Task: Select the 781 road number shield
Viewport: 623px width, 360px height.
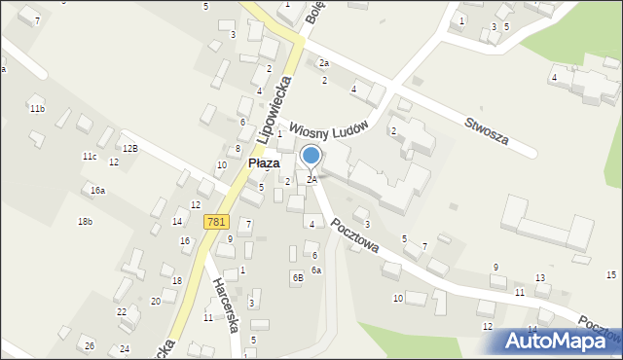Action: (216, 222)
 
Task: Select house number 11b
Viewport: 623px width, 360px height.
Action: (37, 108)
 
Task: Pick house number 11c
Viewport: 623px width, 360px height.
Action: (90, 156)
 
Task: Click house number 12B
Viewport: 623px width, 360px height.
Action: (129, 148)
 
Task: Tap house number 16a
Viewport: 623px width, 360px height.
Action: (97, 191)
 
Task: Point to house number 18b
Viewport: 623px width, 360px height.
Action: (86, 222)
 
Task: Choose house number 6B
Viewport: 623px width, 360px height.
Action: (298, 277)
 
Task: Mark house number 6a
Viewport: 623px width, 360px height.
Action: (316, 270)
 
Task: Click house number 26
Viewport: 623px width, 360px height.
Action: (90, 346)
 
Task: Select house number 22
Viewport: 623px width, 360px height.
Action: (122, 311)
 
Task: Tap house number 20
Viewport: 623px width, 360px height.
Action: (156, 301)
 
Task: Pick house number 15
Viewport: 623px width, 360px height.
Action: (611, 275)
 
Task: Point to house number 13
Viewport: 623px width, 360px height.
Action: (539, 278)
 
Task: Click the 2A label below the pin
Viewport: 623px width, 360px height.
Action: (311, 180)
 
